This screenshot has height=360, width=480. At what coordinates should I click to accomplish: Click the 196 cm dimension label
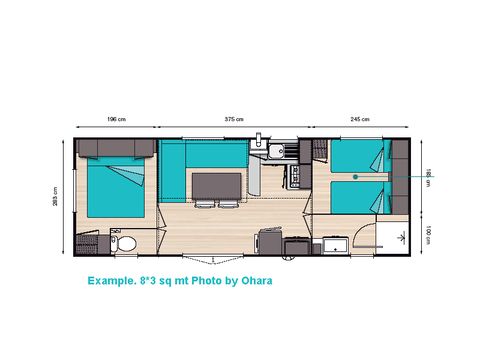click(115, 119)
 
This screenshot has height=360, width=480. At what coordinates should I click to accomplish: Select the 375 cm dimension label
click(234, 119)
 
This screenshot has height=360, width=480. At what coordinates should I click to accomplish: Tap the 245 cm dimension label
click(360, 119)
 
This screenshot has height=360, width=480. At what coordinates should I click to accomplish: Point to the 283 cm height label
click(56, 197)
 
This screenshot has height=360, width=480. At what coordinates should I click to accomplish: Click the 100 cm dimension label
click(428, 234)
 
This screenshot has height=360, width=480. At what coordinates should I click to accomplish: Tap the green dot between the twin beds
click(354, 176)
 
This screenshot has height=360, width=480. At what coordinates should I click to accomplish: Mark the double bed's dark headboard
click(115, 149)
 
